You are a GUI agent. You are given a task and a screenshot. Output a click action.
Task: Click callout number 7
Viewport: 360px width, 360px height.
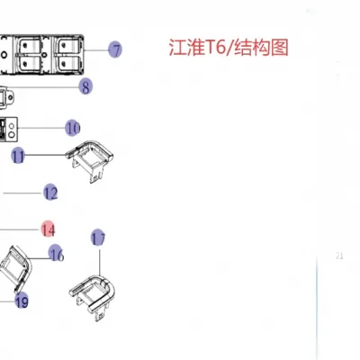(x=115, y=49)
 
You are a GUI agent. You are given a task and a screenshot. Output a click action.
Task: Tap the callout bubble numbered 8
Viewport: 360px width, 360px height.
(x=85, y=86)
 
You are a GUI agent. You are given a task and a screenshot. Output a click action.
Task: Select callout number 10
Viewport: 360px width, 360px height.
(x=73, y=128)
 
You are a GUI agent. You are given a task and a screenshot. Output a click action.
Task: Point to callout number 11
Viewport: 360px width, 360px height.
(x=18, y=156)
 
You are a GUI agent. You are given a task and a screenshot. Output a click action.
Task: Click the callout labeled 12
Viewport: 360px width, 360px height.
(x=50, y=193)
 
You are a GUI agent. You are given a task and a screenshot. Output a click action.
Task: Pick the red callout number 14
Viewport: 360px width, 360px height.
(x=49, y=229)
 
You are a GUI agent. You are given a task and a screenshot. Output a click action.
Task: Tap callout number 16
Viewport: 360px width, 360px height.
(x=57, y=253)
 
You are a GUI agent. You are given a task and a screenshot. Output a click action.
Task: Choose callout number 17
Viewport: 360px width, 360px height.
(x=98, y=238)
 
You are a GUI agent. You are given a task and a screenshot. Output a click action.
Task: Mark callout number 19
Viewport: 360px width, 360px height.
(x=22, y=301)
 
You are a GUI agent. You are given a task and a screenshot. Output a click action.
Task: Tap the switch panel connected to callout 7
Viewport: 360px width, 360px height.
(x=41, y=54)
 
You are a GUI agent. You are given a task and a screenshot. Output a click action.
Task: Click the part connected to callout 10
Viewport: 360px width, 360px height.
(x=9, y=129)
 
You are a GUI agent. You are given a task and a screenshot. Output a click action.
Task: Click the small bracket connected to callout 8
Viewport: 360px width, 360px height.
(x=6, y=98)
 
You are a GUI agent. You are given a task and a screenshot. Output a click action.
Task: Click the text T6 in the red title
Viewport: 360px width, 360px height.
(x=215, y=48)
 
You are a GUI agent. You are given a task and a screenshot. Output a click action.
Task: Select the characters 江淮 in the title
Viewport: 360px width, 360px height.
(x=186, y=48)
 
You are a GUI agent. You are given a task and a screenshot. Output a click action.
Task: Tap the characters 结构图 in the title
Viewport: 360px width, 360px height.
(x=261, y=48)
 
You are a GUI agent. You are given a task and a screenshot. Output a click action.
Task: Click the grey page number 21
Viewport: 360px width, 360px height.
(x=339, y=256)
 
